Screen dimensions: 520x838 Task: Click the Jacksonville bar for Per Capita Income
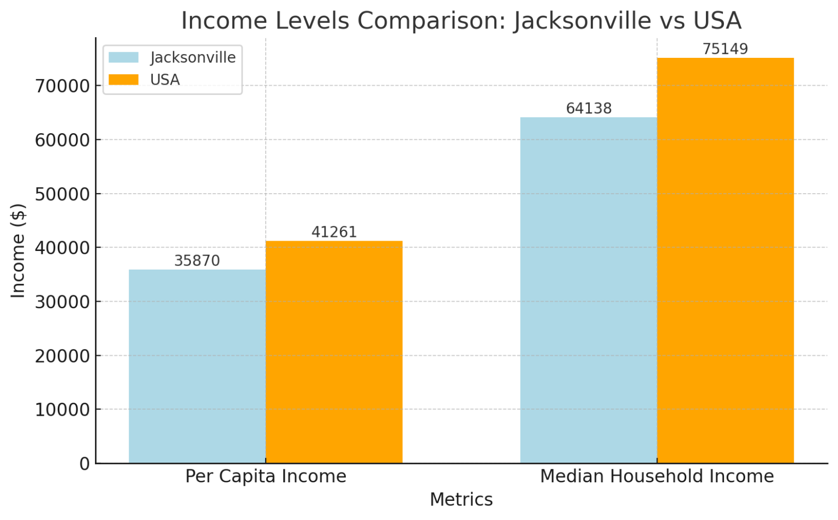click(x=197, y=366)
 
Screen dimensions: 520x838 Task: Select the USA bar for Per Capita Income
click(x=334, y=352)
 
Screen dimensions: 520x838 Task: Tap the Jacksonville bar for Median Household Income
click(x=588, y=290)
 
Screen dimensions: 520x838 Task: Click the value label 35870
click(x=197, y=261)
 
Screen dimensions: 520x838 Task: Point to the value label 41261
click(x=334, y=232)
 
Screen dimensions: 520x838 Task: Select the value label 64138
click(x=589, y=109)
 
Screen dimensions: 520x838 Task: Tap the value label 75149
click(x=725, y=49)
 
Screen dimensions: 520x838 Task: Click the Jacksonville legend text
click(x=193, y=57)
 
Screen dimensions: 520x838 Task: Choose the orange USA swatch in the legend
click(x=123, y=80)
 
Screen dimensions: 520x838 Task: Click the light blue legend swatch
click(x=123, y=57)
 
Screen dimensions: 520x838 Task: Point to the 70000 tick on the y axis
click(x=62, y=86)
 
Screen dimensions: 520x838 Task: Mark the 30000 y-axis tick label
click(x=62, y=302)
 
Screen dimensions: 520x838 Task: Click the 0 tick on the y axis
click(x=85, y=464)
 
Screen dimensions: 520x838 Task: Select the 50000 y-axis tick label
click(x=62, y=194)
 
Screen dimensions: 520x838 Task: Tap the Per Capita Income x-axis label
click(x=266, y=476)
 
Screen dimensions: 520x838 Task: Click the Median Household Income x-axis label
click(x=657, y=476)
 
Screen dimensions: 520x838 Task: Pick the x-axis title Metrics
click(x=461, y=499)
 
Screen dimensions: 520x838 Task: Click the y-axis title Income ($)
click(x=19, y=251)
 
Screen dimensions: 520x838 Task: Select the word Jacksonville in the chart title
click(x=582, y=21)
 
